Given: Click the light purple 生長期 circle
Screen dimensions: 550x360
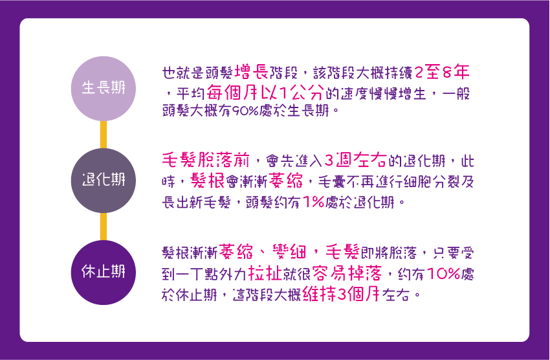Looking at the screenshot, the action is coord(103,89).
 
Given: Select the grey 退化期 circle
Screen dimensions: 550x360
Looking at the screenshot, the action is coord(103,181).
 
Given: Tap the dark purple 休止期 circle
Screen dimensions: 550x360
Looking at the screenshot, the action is coord(103,273).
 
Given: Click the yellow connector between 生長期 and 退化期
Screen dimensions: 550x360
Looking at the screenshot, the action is coord(103,135).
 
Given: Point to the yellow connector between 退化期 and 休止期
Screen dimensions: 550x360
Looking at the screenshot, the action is coord(103,227).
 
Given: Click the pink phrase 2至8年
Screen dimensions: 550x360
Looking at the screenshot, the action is coord(442,73).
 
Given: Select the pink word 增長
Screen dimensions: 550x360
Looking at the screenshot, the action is coord(252,73).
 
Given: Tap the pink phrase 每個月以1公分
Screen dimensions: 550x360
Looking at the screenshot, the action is coord(265,93).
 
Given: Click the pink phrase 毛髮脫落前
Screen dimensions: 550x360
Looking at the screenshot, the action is coord(206,160).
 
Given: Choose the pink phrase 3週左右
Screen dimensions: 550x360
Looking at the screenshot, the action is coord(355,160).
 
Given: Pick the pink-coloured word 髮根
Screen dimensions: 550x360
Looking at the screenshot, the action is coord(207,181).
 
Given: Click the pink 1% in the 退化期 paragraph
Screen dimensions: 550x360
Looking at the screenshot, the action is coord(313,202).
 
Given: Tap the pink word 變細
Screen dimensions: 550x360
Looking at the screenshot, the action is coord(289,252).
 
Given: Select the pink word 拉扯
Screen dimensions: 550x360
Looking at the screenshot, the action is coord(265,273).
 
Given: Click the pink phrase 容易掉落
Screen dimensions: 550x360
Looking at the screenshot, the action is coord(347,273).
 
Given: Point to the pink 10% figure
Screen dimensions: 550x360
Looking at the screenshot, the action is coord(443,273).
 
